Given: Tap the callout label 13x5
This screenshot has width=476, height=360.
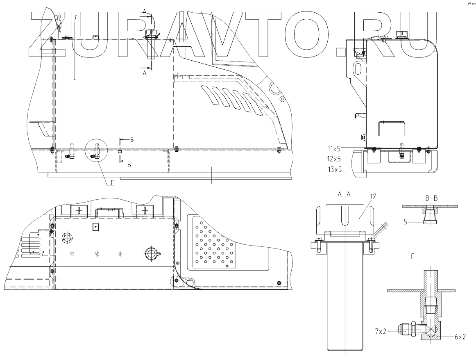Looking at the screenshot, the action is coord(334,169).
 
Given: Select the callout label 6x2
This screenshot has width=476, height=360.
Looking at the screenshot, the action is coord(460,336).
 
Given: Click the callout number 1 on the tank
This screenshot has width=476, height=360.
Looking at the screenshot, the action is coord(76,18).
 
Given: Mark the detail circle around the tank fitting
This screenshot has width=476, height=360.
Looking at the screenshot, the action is coord(96,152).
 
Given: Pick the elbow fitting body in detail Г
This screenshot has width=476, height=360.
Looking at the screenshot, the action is coord(430,328).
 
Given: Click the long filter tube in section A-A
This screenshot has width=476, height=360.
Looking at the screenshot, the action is coord(345,303).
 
